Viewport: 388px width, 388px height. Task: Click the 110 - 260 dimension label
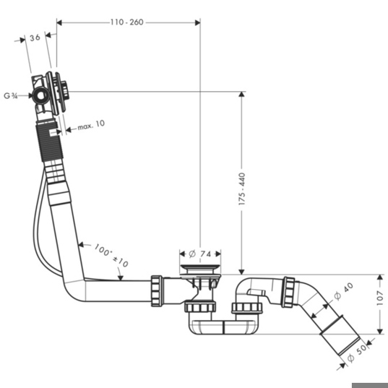pos(126,22)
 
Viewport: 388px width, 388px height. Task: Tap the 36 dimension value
pos(35,38)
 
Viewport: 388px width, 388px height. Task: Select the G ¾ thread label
pos(11,96)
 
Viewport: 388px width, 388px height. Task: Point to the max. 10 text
pos(91,124)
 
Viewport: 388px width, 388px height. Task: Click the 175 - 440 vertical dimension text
pos(242,189)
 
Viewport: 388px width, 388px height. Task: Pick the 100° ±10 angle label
pos(111,255)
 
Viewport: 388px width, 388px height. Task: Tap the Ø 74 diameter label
pos(200,254)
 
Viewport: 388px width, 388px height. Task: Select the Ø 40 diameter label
pos(344,292)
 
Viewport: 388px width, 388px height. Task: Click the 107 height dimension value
pos(380,298)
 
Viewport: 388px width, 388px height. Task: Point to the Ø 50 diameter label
pos(357,353)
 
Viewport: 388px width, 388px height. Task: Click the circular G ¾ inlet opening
pos(41,96)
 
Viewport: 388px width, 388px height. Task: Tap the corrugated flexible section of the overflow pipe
pos(49,142)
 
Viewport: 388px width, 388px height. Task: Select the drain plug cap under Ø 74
pos(200,267)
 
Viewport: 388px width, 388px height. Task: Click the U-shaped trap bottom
pos(223,327)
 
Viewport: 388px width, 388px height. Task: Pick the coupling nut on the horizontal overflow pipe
pos(157,291)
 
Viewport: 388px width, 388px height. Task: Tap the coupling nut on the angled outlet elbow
pos(289,292)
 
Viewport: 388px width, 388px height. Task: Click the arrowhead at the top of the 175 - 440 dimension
pos(242,95)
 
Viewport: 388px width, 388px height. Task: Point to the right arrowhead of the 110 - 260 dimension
pos(197,23)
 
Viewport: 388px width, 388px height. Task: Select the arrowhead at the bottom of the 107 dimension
pos(380,331)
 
